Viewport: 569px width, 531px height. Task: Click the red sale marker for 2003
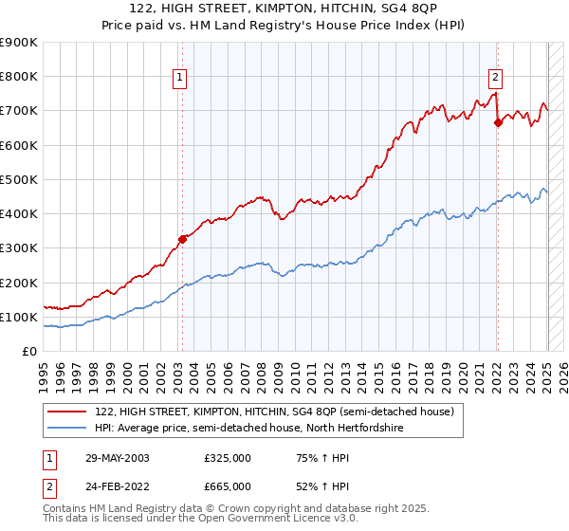tap(182, 239)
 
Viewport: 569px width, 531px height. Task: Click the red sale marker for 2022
tap(497, 122)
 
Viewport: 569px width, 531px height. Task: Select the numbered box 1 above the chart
tap(179, 79)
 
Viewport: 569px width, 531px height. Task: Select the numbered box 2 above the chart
tap(495, 79)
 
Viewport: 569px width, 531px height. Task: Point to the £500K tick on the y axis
tap(19, 179)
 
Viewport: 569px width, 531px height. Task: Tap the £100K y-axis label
tap(19, 317)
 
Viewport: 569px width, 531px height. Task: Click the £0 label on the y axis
tap(28, 352)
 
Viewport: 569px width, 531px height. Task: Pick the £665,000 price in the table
tap(228, 485)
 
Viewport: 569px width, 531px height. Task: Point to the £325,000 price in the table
tap(228, 458)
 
